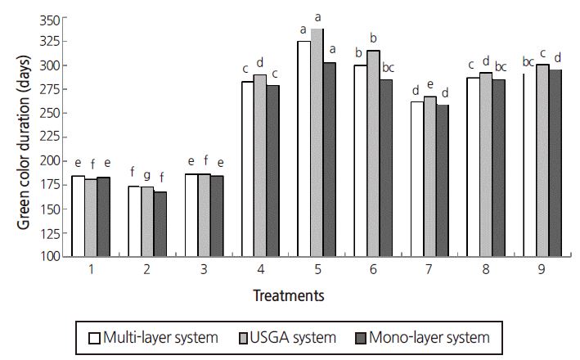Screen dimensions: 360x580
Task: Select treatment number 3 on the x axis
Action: click(203, 269)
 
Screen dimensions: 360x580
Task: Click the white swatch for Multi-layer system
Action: click(93, 336)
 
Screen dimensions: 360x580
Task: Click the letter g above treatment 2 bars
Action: click(147, 174)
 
